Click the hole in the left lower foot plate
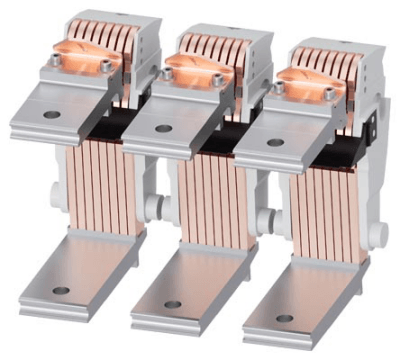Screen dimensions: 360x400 [61, 291]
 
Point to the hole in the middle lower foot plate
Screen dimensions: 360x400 [172, 304]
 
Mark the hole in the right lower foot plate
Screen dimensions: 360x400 [283, 317]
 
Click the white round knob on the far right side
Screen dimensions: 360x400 [382, 236]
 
